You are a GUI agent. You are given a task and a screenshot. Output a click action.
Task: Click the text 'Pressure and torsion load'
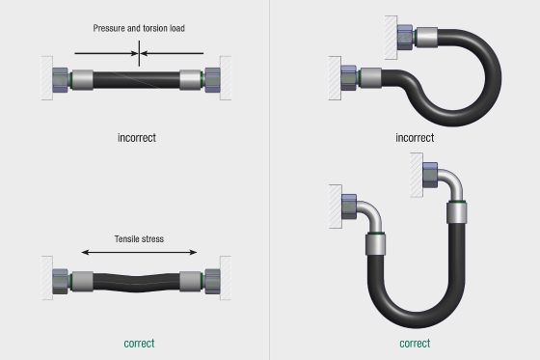click(x=139, y=28)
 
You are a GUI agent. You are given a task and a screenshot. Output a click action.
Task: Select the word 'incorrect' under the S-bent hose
click(x=416, y=137)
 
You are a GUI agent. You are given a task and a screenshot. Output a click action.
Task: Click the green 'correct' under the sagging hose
click(x=139, y=343)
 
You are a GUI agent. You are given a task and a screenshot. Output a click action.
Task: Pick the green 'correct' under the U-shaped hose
click(x=415, y=343)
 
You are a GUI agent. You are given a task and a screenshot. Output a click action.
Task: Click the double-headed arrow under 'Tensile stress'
click(x=139, y=252)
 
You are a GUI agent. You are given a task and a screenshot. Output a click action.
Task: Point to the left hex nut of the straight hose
click(x=58, y=77)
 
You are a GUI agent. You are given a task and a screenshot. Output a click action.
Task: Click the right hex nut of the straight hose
click(x=211, y=76)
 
